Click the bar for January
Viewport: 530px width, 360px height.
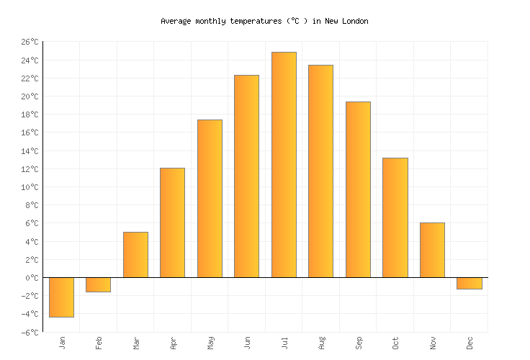click(x=61, y=297)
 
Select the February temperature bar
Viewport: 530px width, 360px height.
click(x=98, y=284)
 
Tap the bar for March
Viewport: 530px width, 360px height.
click(x=135, y=254)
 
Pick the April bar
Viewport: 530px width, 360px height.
click(x=172, y=222)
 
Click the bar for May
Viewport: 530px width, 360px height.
click(x=210, y=198)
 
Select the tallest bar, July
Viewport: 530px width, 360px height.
click(x=284, y=164)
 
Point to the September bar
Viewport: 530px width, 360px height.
click(x=358, y=189)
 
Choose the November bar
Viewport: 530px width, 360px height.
click(x=432, y=250)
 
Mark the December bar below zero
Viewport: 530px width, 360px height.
click(x=469, y=283)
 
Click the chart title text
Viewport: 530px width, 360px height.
click(x=264, y=21)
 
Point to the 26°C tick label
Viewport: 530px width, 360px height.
click(x=29, y=42)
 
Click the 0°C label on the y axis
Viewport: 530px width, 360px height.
click(x=31, y=277)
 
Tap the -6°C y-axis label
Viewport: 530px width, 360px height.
click(x=29, y=332)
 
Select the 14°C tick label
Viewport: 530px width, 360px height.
click(x=29, y=151)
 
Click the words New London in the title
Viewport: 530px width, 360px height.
click(x=345, y=21)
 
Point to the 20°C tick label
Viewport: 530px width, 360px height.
click(x=29, y=96)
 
